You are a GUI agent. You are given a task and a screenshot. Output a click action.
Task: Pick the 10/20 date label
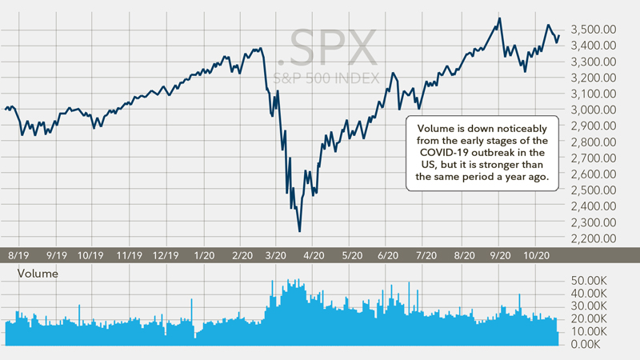click(535, 256)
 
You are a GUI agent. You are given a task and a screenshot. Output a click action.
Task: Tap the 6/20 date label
click(387, 256)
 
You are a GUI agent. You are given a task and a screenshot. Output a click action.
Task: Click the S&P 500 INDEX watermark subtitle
click(324, 79)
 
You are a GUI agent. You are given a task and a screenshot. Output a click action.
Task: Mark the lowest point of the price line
click(299, 232)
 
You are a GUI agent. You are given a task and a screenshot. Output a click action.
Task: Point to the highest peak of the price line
click(500, 18)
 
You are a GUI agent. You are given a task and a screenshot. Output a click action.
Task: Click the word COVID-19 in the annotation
click(452, 153)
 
